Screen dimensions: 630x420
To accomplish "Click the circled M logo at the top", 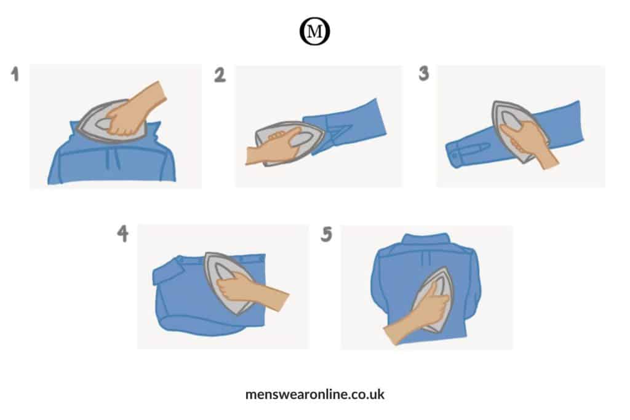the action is (314, 31).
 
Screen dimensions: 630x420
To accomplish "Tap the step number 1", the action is (15, 74).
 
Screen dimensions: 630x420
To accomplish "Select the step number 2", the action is (220, 75).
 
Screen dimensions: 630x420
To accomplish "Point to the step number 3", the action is (424, 73).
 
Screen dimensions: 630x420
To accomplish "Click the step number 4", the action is (123, 233).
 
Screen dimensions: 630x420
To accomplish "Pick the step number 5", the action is (326, 234).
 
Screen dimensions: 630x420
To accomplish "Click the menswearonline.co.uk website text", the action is (314, 394).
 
